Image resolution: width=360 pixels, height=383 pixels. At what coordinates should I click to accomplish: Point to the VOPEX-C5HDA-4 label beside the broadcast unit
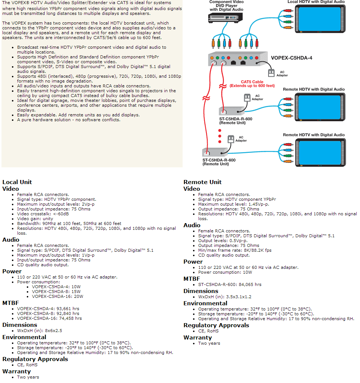(x=291, y=58)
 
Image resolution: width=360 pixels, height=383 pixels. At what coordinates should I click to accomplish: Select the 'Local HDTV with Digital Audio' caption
(x=316, y=2)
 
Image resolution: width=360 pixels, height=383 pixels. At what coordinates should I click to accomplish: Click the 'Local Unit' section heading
(x=17, y=182)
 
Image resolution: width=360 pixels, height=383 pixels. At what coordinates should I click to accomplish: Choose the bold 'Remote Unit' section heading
(x=202, y=182)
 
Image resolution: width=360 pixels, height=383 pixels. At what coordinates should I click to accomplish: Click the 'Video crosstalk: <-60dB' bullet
(x=43, y=214)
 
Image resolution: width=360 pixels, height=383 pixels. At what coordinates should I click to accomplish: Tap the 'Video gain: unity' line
(x=35, y=219)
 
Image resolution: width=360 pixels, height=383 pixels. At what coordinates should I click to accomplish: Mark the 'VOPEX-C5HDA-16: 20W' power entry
(x=57, y=296)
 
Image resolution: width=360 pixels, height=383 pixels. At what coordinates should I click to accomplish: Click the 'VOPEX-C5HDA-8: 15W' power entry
(x=56, y=292)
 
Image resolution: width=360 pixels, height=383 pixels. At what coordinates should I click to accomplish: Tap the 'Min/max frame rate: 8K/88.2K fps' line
(x=235, y=250)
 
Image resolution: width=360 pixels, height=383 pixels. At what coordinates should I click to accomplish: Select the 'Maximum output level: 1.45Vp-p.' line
(x=233, y=204)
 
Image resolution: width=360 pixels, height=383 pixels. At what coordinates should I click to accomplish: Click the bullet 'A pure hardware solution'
(x=68, y=120)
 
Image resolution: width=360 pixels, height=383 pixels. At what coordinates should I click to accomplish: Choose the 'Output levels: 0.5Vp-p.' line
(x=223, y=241)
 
